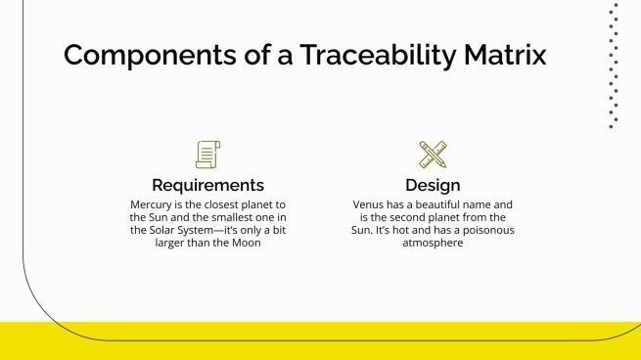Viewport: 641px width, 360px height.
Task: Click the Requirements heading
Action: click(x=207, y=185)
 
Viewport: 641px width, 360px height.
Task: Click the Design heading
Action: click(x=433, y=185)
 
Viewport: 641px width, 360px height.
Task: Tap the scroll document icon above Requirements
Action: click(x=207, y=154)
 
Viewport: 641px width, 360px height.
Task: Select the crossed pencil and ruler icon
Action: click(x=433, y=154)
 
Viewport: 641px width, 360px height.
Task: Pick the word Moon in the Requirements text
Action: click(x=248, y=243)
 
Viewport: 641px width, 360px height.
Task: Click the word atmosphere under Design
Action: click(x=433, y=243)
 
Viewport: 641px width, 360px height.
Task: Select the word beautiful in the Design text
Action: click(x=436, y=204)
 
